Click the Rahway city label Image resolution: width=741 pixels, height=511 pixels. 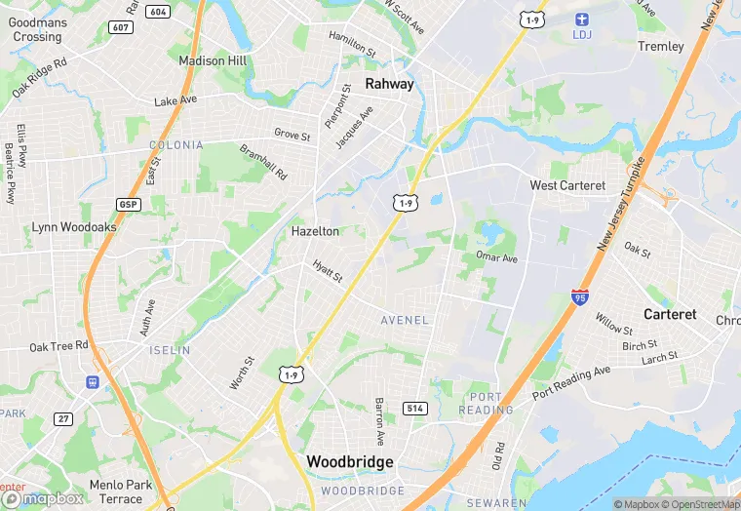pos(389,84)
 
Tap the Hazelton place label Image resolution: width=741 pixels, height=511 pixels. pos(315,231)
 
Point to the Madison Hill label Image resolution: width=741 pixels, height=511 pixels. pos(212,60)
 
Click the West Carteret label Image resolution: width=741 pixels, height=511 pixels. pos(567,185)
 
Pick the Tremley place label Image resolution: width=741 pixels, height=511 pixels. pos(660,46)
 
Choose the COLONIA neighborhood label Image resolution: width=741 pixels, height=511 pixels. pos(176,144)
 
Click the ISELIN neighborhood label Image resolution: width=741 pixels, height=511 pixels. pos(170,349)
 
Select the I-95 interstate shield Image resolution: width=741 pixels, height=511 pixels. pos(580,297)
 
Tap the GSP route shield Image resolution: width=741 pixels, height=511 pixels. pos(128,205)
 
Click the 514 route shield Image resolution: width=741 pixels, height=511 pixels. pos(415,408)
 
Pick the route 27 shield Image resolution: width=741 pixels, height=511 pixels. pos(63,419)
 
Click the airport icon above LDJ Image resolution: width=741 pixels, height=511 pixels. pos(582,19)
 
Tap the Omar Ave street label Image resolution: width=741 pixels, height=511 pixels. pos(496,257)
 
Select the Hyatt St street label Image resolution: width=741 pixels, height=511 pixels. pos(328,271)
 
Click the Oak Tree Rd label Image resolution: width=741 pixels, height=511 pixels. pos(58,346)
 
